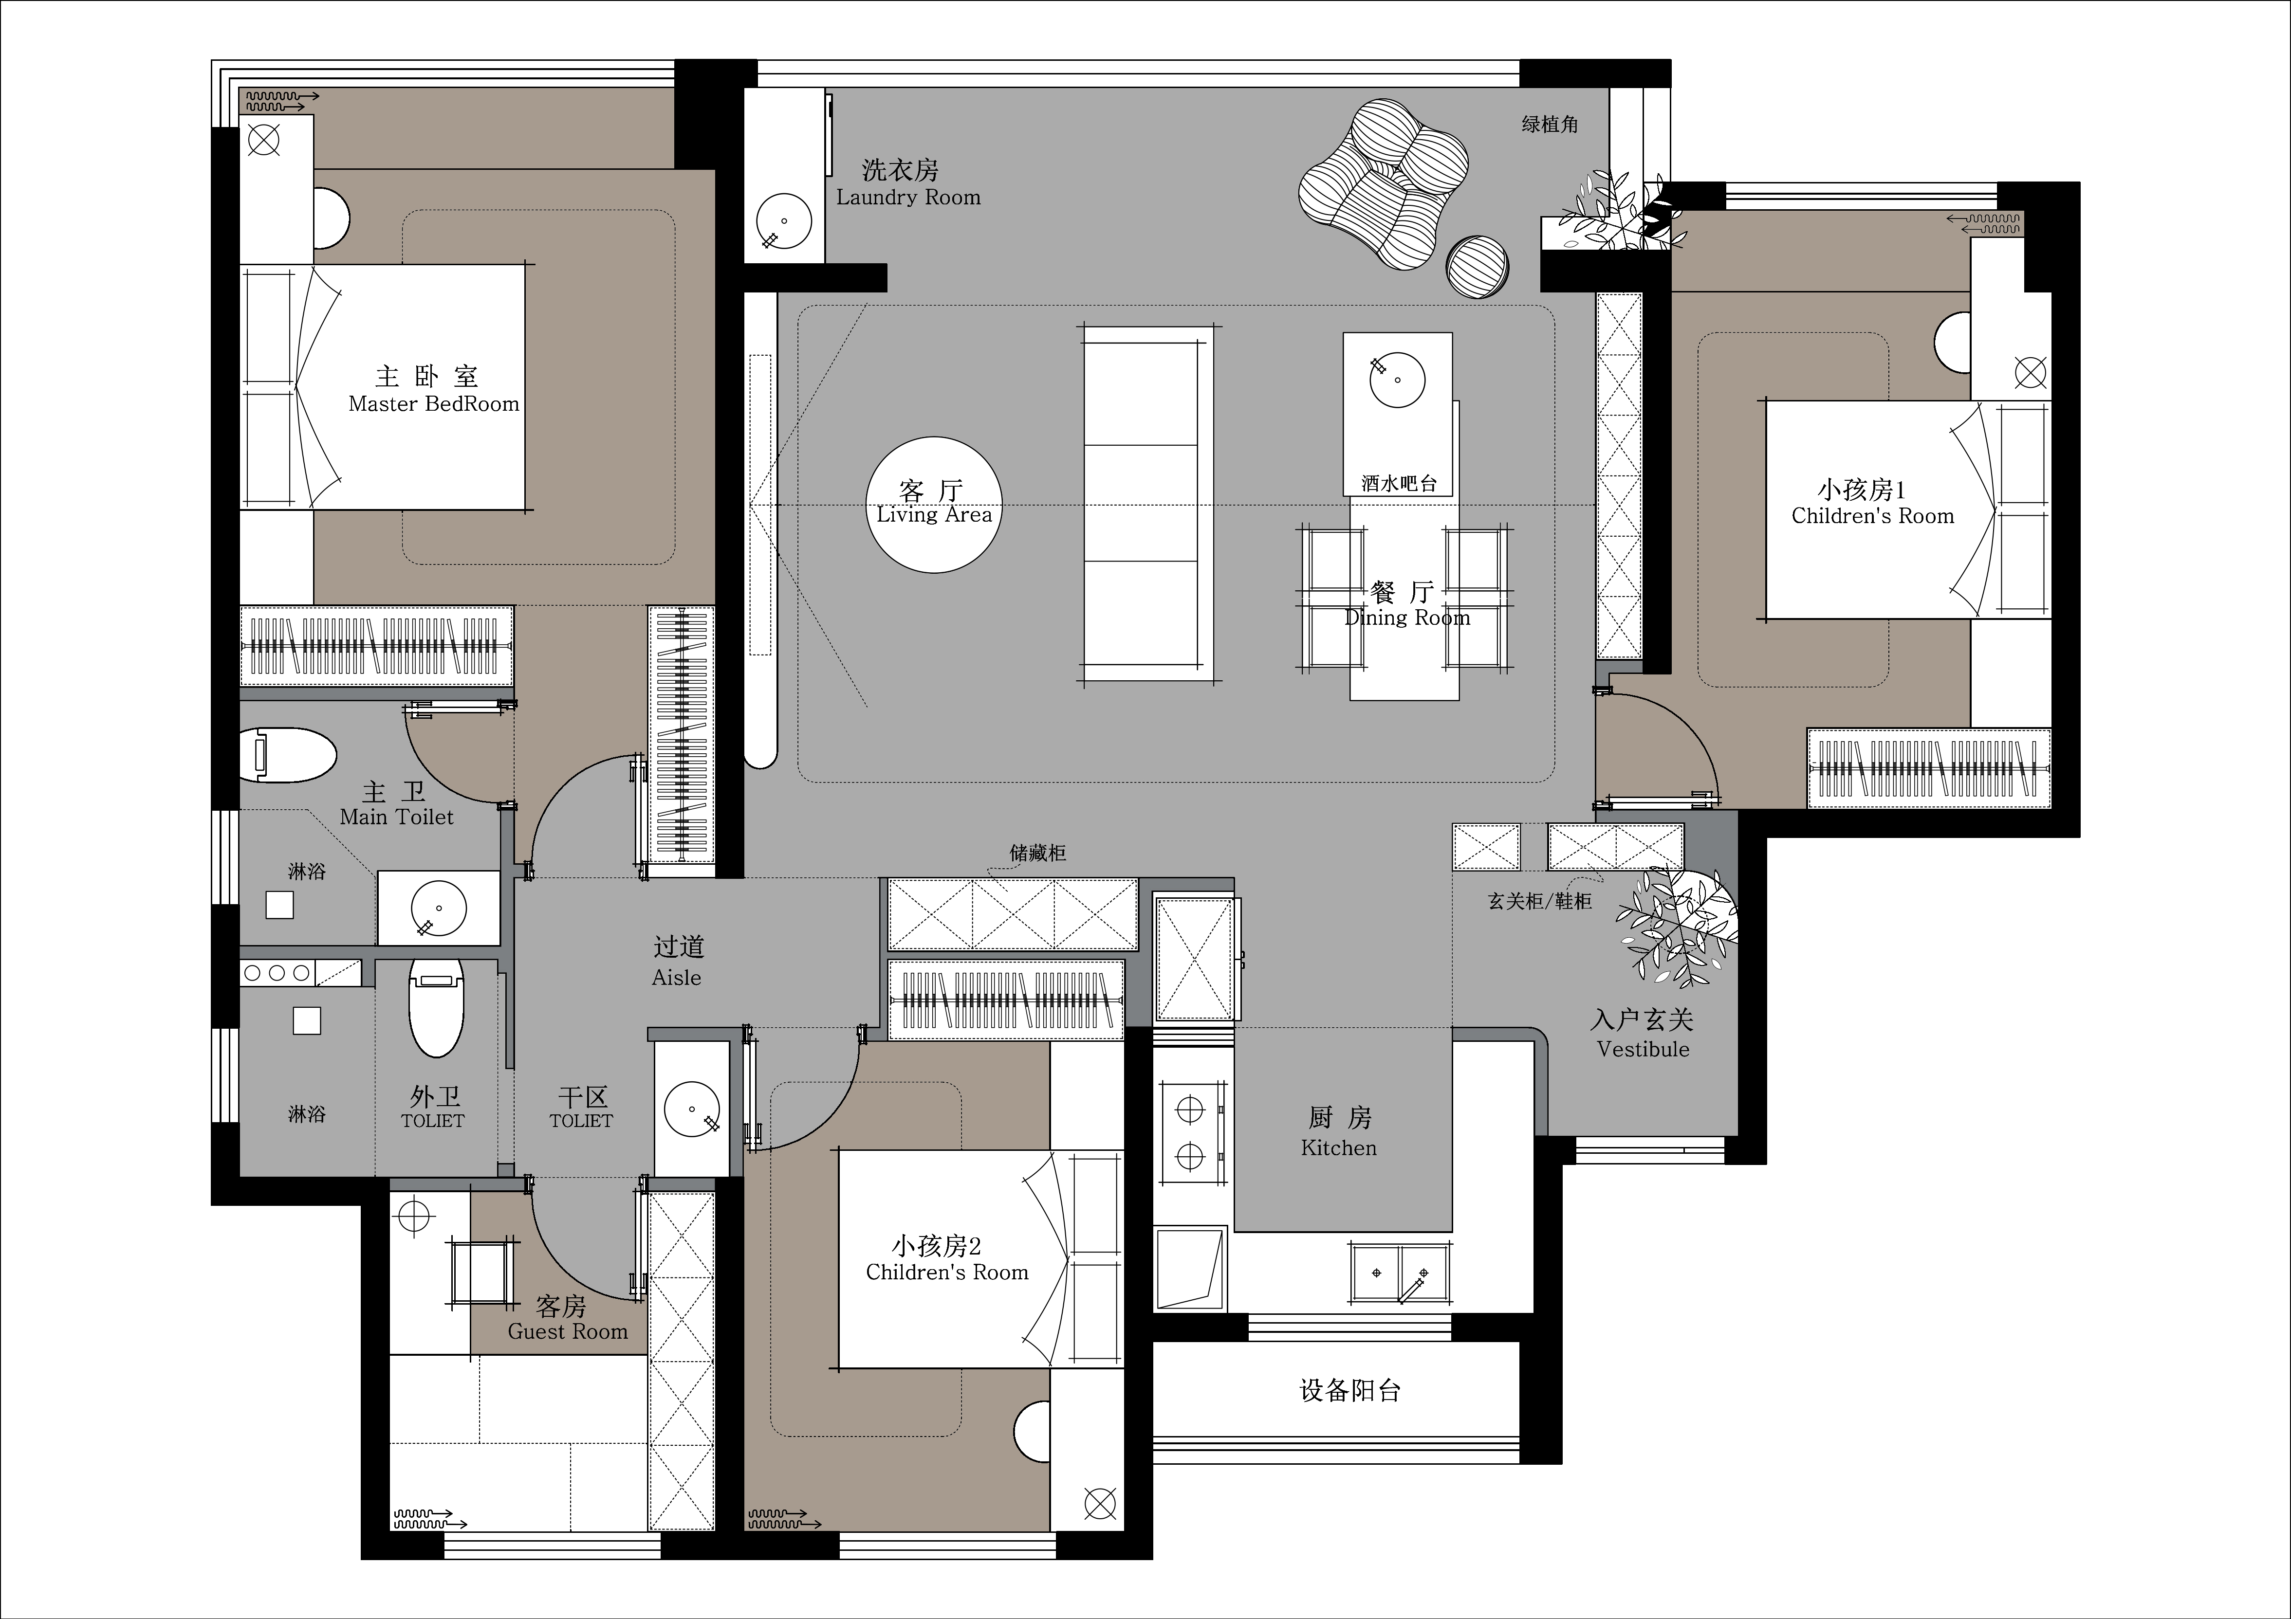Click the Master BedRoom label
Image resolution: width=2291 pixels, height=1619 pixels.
434,404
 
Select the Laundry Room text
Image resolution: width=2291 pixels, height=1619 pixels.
908,198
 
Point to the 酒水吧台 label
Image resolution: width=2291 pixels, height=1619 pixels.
1399,484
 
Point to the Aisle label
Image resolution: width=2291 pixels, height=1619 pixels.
677,978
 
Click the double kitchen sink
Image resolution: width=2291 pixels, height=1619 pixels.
1400,1274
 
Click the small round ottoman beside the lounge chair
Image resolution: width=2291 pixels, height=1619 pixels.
1478,266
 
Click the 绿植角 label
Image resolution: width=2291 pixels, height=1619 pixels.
1550,124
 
